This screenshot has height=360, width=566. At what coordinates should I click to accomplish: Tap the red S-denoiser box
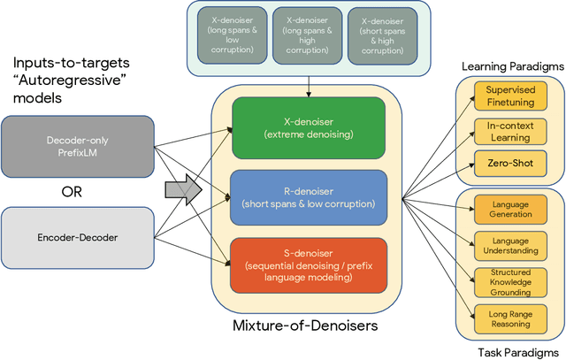(307, 264)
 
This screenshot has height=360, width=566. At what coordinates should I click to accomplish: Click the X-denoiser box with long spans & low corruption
(231, 33)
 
